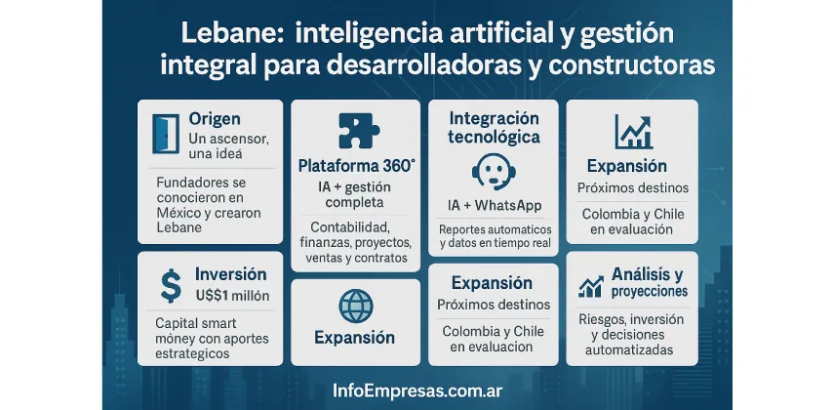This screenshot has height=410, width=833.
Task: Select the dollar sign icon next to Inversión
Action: click(171, 285)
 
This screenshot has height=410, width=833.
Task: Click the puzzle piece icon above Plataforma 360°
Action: click(355, 132)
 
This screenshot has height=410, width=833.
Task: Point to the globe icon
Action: click(355, 307)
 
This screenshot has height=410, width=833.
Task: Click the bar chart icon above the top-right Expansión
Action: click(633, 132)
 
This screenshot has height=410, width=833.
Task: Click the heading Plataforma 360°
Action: click(356, 166)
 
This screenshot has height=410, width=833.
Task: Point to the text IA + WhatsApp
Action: click(494, 206)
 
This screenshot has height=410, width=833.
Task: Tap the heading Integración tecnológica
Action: click(494, 128)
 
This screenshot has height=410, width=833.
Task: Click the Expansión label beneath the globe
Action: click(355, 338)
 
